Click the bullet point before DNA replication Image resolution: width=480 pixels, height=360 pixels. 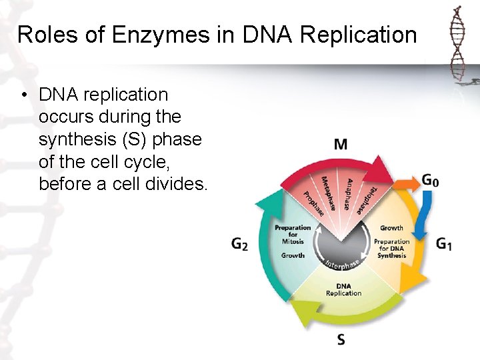point(23,95)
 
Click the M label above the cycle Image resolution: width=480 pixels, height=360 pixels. point(341,144)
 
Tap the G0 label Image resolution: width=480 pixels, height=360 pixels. point(431,181)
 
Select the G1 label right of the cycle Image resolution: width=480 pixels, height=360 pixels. point(444,244)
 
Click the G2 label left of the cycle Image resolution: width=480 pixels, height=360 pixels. point(239,244)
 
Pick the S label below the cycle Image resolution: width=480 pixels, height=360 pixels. point(341,341)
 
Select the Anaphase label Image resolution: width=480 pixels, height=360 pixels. point(349,194)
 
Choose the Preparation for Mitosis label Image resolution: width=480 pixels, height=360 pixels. point(293,235)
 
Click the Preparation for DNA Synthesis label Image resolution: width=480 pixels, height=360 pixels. point(391,248)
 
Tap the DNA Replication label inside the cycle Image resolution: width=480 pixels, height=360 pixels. point(343,290)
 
